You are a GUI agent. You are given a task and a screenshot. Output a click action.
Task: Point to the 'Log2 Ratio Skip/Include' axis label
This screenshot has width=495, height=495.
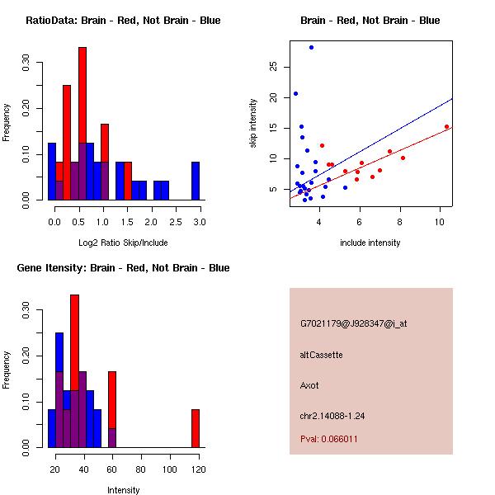123,243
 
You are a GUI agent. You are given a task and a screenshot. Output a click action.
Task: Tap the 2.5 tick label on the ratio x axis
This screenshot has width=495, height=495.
176,222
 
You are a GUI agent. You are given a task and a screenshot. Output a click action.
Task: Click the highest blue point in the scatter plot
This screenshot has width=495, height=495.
311,47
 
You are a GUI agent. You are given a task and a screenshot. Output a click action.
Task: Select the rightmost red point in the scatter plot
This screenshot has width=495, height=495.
446,127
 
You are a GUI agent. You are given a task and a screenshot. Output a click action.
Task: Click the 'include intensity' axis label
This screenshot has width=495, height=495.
370,243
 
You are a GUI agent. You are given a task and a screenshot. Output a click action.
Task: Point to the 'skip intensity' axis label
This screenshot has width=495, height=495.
254,124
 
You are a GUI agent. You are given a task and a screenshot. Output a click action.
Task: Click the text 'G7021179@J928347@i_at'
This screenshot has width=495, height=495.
353,323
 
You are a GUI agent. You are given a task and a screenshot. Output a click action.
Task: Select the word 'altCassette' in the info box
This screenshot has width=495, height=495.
322,355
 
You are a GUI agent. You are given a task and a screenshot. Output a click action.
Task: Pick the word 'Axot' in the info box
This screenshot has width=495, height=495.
309,385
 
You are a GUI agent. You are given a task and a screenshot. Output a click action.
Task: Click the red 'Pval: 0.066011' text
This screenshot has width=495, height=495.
329,439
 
